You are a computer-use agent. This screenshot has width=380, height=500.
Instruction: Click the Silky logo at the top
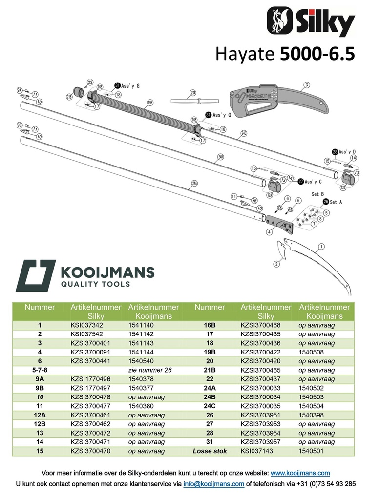point(311,22)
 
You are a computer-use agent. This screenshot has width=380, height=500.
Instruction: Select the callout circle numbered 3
point(306,85)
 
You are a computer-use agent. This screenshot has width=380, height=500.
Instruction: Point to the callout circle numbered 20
point(192,92)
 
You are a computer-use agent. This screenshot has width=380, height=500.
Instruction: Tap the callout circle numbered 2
point(276,264)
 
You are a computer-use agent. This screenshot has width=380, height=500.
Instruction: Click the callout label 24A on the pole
point(194,183)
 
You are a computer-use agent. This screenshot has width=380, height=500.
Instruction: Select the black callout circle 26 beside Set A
point(325,202)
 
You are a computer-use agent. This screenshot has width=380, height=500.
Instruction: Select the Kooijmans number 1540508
point(312,352)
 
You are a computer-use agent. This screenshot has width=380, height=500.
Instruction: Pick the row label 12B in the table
point(40,424)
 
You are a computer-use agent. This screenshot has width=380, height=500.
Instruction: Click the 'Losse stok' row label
point(210,451)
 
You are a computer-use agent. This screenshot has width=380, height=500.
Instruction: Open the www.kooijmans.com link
point(300,473)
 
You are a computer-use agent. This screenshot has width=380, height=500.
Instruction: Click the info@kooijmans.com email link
point(213,484)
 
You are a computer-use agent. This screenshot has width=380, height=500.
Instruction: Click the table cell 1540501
point(312,451)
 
